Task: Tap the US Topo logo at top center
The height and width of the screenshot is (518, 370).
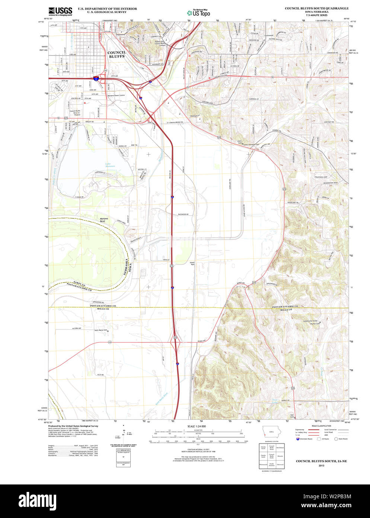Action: click(x=198, y=13)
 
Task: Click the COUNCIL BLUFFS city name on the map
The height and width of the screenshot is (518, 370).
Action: click(x=117, y=54)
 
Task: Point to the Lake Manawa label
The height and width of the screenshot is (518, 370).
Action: click(x=110, y=165)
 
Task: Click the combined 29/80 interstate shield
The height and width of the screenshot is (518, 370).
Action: click(x=96, y=79)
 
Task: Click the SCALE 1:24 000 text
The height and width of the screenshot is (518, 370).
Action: click(x=197, y=426)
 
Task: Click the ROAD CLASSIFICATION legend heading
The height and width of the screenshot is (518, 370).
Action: click(x=321, y=426)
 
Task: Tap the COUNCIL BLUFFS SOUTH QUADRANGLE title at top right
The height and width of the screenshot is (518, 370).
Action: click(x=316, y=8)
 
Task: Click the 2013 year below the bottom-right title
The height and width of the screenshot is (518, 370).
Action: click(x=321, y=466)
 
